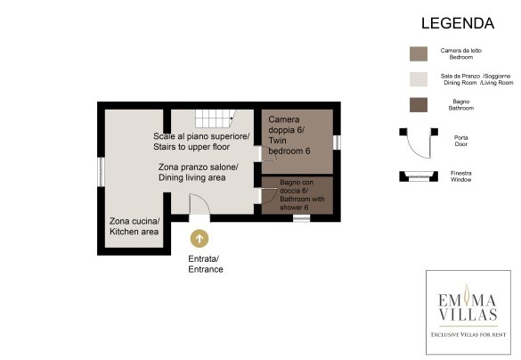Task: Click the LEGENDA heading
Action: click(458, 23)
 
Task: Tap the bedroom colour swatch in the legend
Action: click(419, 53)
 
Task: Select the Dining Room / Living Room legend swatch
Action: click(419, 79)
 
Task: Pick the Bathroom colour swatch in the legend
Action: click(419, 105)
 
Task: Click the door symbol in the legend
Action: click(419, 143)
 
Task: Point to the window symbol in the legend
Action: click(419, 176)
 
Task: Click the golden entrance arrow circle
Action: click(199, 238)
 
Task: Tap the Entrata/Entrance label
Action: click(206, 264)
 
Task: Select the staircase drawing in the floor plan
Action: click(216, 119)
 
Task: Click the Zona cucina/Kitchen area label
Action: click(134, 226)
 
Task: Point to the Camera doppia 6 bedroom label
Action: click(289, 135)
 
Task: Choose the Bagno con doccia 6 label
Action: click(302, 195)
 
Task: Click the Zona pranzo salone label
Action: click(198, 172)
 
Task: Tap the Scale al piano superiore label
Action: click(201, 142)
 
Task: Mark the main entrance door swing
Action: click(199, 204)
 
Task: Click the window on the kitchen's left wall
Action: click(101, 172)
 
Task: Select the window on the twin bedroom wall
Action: click(337, 143)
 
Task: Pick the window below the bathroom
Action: click(301, 218)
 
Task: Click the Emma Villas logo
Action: click(468, 312)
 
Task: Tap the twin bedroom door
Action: click(269, 154)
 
